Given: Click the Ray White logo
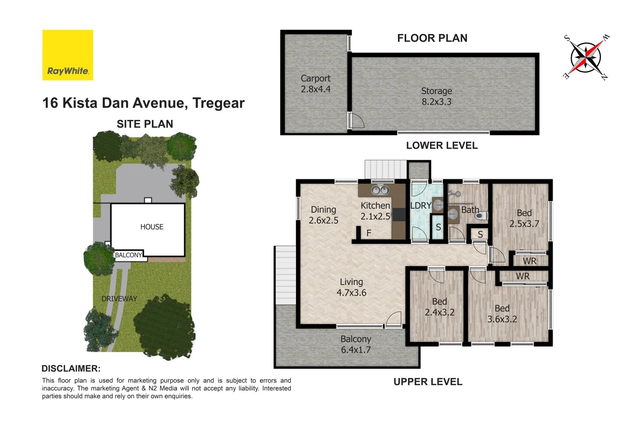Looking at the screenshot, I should pos(68,55).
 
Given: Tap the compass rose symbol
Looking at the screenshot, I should pos(586,57).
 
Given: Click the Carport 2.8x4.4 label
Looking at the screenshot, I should pos(315,84).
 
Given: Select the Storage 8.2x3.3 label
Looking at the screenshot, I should pos(436,96).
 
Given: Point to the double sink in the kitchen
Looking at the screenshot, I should pos(380,190).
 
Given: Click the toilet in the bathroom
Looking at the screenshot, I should pos(482,215).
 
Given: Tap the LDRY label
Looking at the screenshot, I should pos(421,206).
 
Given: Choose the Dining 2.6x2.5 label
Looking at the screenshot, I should pos(323,215).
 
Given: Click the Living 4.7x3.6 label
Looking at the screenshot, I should pos(351,287).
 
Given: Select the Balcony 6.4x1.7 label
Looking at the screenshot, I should pos(355,344).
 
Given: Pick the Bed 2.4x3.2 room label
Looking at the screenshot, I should pos(439,307).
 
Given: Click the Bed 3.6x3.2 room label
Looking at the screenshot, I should pos(502,314).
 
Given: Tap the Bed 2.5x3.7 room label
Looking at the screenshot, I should pos(524,218).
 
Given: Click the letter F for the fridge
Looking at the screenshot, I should pos(369,233).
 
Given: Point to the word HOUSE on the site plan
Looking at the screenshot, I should pos(152,227).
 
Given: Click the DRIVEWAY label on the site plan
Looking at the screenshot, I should pos(119,299).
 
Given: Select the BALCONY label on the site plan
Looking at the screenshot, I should pos(128,255).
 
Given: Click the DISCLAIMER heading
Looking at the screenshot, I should pos(71,368).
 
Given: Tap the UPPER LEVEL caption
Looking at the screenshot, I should pos(428,382).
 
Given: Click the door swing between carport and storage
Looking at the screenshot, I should pos(357,120).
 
